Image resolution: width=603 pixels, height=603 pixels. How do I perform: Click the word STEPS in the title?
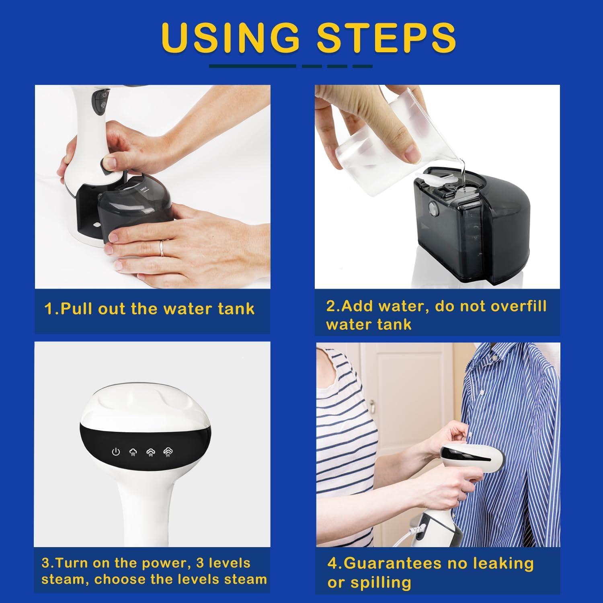(386, 37)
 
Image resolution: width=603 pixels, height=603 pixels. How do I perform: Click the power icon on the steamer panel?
(116, 452)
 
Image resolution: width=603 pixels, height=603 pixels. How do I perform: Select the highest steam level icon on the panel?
(168, 452)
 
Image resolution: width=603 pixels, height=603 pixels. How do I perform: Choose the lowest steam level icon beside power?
(133, 452)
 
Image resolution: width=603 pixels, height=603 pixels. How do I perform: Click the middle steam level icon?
(150, 452)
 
